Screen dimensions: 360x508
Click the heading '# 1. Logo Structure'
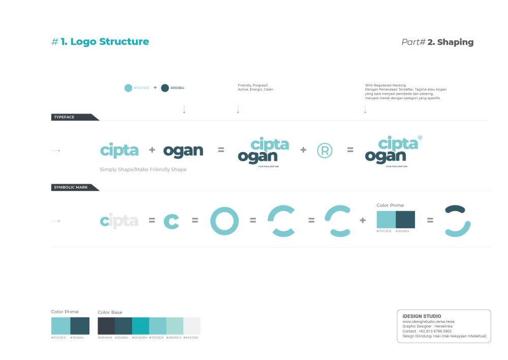(100, 42)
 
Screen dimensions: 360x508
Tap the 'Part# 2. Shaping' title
(437, 42)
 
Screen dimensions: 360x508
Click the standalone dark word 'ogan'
(183, 151)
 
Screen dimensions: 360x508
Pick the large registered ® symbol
(325, 150)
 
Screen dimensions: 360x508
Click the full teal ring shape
(224, 221)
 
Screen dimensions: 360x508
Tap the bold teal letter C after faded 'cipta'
(171, 221)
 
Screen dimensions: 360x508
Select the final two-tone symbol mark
(457, 221)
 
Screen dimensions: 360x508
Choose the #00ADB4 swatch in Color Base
(141, 325)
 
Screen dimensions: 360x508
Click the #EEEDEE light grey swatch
(192, 325)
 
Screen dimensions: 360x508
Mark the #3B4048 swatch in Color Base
(106, 325)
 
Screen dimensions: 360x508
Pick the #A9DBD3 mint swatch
(175, 325)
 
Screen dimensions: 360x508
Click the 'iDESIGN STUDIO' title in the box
(422, 316)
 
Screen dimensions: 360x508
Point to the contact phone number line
(427, 331)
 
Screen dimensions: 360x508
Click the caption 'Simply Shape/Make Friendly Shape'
(143, 169)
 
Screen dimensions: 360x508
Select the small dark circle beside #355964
(165, 88)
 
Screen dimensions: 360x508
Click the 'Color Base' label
(110, 312)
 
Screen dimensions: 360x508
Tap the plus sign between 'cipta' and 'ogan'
(152, 150)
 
